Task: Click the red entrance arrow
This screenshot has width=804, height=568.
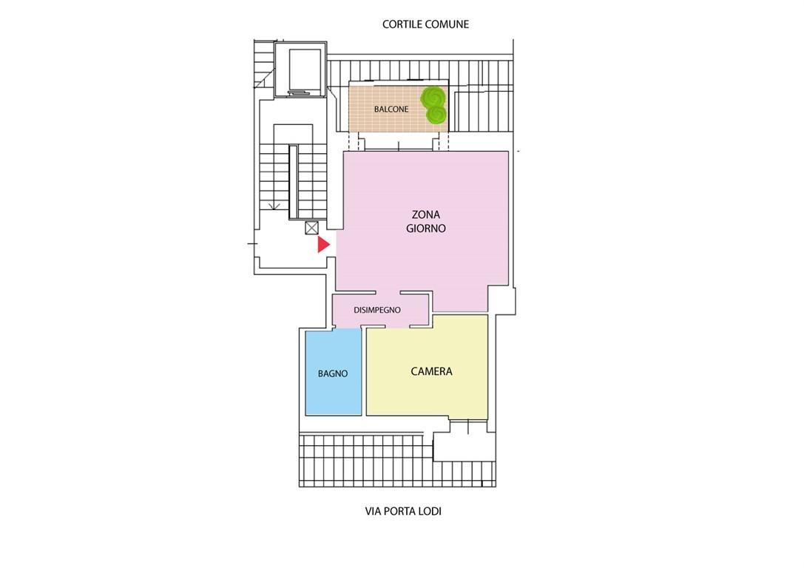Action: coord(323,245)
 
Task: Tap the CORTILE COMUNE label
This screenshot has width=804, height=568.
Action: coord(425,24)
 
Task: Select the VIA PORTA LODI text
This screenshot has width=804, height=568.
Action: coord(403,511)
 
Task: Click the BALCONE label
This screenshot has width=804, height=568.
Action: coord(391,109)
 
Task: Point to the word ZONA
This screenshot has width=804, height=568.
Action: coord(426,214)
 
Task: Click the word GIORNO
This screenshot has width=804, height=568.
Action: coord(426,229)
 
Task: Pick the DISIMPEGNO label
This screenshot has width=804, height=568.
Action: coord(377,310)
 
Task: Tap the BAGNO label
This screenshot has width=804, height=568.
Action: coord(333,373)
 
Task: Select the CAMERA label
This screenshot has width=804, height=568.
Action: coord(432,371)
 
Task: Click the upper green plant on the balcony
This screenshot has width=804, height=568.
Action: coord(433,96)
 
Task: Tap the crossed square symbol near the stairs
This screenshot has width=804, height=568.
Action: coord(311,228)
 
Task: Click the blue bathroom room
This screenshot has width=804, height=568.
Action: coord(334,372)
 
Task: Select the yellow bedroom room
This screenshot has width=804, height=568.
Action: coord(427,365)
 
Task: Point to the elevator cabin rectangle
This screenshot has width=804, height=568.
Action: coord(305,71)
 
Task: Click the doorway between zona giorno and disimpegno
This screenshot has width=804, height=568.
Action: coord(388,293)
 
